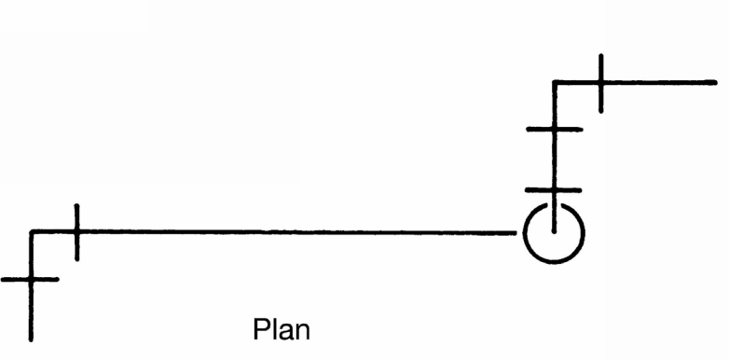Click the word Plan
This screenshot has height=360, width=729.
282,329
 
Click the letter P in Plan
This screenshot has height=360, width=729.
261,329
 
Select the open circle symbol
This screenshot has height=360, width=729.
554,262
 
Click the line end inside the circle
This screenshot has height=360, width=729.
554,231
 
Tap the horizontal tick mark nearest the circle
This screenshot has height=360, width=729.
553,190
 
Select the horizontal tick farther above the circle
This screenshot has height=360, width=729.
554,130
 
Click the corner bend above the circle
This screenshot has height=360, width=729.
554,83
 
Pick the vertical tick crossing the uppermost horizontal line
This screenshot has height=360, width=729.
601,83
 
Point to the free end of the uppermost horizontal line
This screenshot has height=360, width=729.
716,83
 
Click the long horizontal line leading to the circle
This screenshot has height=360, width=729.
273,231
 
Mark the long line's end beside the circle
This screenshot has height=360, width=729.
516,232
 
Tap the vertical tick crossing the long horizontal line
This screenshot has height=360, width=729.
76,232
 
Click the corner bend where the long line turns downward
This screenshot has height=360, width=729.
31,231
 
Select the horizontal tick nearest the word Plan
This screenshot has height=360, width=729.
30,280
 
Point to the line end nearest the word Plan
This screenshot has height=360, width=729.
31,340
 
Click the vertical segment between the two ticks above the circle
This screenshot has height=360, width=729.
554,159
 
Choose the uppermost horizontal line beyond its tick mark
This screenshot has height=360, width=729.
659,83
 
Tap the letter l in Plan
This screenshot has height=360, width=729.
273,329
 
